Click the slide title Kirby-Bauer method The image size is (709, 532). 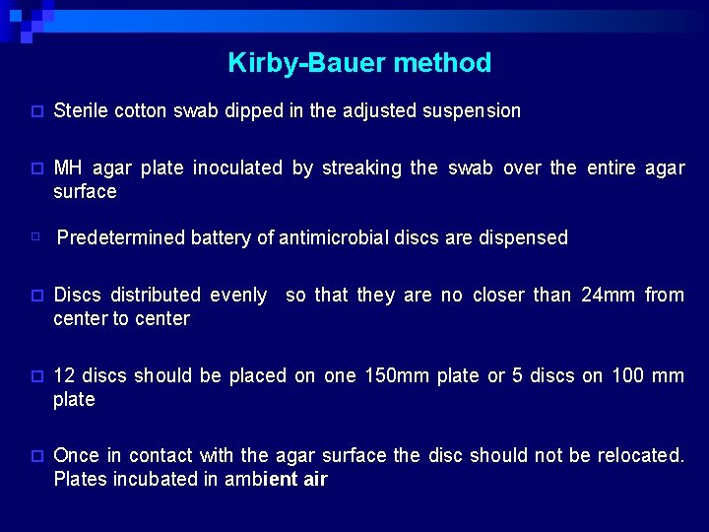click(359, 63)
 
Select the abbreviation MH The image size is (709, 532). click(68, 168)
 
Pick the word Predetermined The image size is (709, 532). click(120, 237)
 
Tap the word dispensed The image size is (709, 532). click(523, 237)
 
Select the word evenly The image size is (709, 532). click(236, 295)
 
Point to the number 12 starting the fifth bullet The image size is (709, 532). click(64, 375)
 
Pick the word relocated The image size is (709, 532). click(639, 456)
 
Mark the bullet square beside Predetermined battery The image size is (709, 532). click(34, 237)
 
